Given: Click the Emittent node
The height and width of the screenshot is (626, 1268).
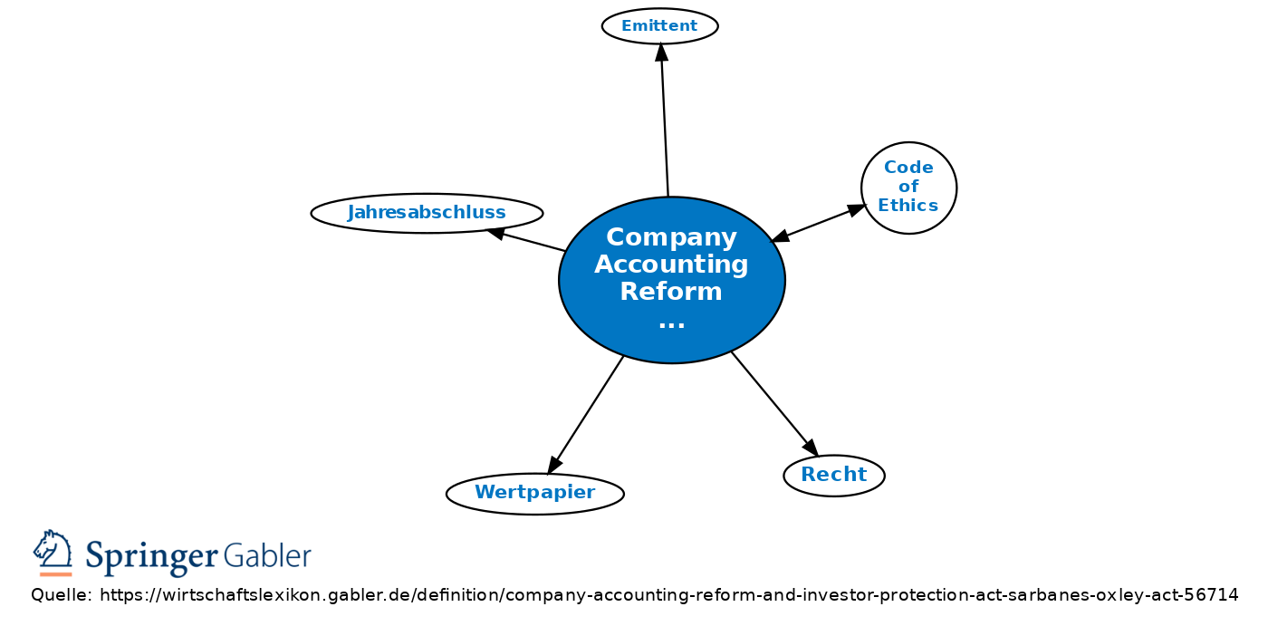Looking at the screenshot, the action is (x=660, y=26).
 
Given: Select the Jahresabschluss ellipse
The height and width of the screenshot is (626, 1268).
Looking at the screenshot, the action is (x=427, y=214).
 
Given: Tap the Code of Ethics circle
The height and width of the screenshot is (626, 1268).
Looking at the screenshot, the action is (x=909, y=188).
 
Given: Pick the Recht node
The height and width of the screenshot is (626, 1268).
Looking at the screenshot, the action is (x=834, y=476).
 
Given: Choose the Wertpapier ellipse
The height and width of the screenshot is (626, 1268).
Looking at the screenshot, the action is (x=535, y=494).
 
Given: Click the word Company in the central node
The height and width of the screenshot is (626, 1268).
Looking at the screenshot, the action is (x=671, y=237).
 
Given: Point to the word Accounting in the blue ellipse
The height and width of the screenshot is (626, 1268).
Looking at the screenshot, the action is (x=671, y=265).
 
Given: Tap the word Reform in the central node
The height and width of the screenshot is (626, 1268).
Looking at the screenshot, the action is (x=671, y=292).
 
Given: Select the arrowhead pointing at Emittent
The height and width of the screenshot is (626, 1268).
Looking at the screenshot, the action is (x=662, y=52).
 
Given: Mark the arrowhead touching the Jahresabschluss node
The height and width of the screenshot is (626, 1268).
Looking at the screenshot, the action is (x=496, y=233).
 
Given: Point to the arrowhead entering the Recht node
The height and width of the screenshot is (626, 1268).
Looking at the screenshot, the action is (x=812, y=448).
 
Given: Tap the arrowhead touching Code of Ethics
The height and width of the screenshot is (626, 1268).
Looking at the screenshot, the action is (x=857, y=210).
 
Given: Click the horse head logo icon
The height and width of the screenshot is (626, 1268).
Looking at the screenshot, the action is (x=53, y=549).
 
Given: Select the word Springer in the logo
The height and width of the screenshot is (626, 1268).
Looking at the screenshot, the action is (x=152, y=557).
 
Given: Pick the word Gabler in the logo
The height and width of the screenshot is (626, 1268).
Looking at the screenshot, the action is (x=267, y=554).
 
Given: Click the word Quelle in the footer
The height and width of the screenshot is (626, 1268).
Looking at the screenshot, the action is (x=62, y=595).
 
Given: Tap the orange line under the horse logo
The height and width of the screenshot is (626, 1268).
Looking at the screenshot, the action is (x=55, y=574).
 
